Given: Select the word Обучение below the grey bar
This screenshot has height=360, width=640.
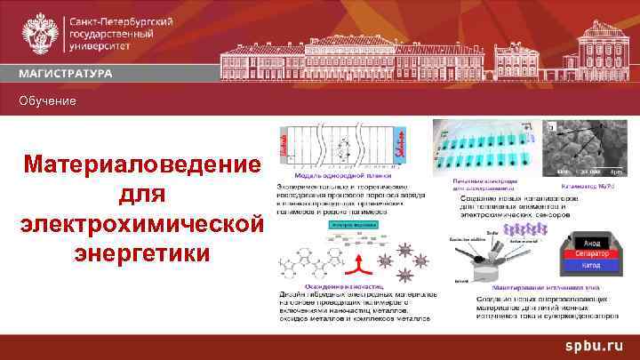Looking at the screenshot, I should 50,102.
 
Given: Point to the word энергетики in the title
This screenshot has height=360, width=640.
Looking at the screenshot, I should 143,253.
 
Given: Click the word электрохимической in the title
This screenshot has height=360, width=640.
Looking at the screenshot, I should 143,224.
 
